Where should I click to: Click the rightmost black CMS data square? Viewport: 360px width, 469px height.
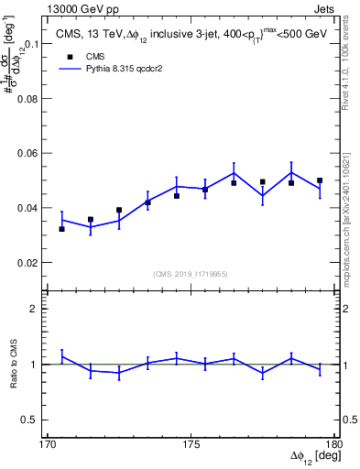[320, 180]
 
